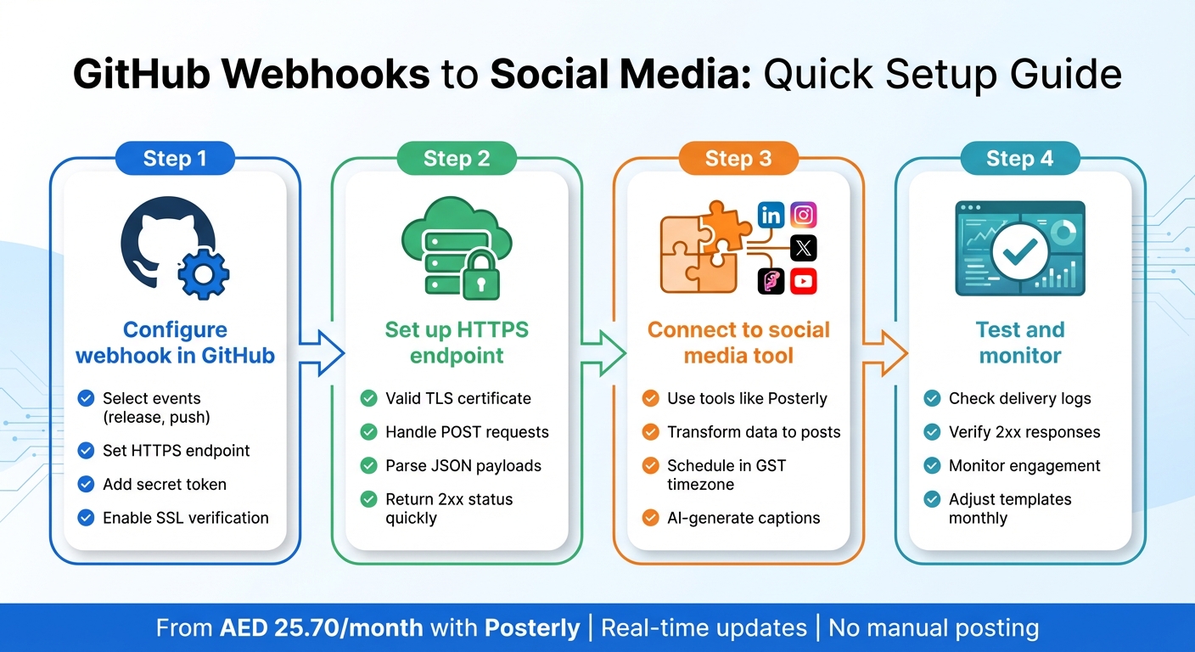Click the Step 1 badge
tap(175, 159)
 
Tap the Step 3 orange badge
tap(738, 159)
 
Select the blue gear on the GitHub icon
tap(201, 273)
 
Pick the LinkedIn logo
tap(771, 216)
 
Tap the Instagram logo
tap(803, 216)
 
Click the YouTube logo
tap(803, 281)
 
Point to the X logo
tap(803, 248)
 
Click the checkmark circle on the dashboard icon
tap(1019, 250)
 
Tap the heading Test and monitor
tap(1020, 342)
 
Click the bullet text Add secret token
tap(165, 485)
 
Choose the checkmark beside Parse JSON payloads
tap(369, 466)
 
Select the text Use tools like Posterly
tap(747, 398)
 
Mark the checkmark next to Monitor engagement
tap(933, 466)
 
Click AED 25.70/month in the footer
tap(321, 628)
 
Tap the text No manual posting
tap(934, 628)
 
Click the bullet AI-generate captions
tap(743, 518)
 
